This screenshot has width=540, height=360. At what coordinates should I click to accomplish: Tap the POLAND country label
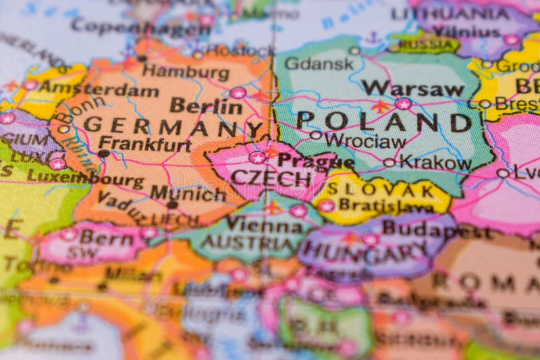(384, 122)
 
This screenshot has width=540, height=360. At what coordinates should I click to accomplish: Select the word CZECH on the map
(271, 178)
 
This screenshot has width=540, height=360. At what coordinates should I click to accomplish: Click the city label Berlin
(206, 106)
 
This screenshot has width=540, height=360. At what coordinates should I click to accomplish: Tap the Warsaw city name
(412, 88)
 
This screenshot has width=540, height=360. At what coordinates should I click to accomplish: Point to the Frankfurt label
(144, 144)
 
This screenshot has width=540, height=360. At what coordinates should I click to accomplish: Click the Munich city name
(188, 193)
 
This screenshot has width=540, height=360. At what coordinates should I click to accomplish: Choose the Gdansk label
(319, 63)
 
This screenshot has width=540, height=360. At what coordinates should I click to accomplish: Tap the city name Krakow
(435, 162)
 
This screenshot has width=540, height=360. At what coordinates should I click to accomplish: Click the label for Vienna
(264, 224)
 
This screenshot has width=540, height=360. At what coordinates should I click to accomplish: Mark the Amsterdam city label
(98, 90)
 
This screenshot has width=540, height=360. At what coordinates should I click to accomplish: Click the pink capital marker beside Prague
(257, 157)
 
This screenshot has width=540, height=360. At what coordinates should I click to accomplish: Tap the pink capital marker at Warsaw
(404, 103)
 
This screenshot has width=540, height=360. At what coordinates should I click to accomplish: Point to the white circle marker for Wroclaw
(315, 135)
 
